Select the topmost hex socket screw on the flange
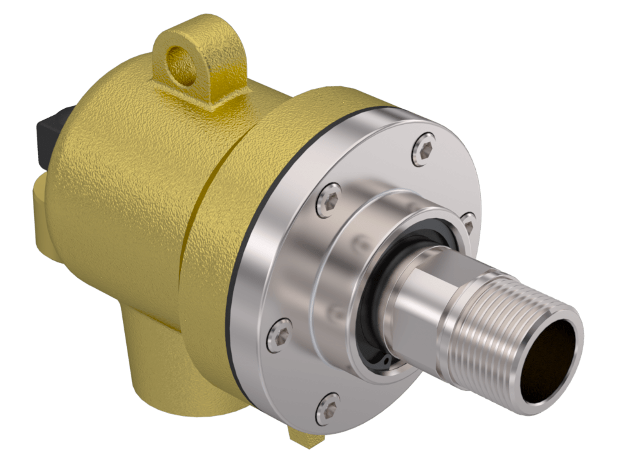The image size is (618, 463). [x=422, y=149]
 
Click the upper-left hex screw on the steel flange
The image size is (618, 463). [x=330, y=200]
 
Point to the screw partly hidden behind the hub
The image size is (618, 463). [x=469, y=222]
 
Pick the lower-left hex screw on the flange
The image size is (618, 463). [x=279, y=335]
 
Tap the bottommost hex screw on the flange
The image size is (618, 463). [x=328, y=408]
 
